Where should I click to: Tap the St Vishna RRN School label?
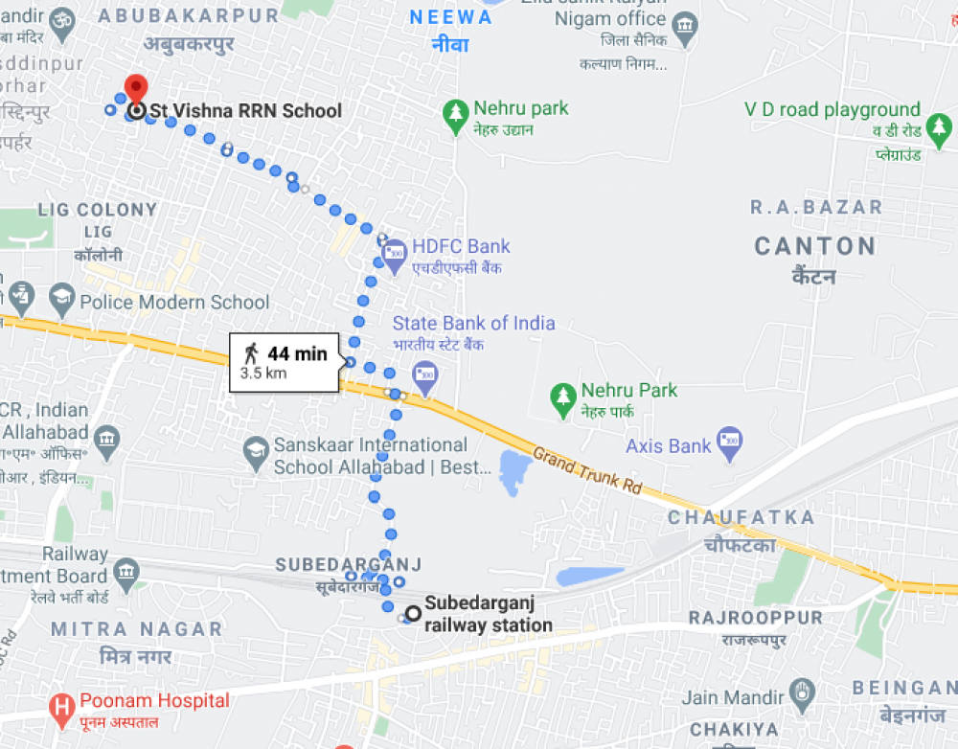click(245, 111)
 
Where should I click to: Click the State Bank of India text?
click(473, 323)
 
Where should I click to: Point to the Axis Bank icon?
click(730, 443)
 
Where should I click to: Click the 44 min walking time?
click(297, 353)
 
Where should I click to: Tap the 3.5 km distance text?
click(263, 374)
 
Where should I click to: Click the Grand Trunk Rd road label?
click(586, 470)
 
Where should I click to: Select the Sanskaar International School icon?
click(256, 454)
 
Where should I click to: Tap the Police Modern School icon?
click(62, 301)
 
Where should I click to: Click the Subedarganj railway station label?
click(488, 614)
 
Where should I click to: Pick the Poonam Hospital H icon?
click(62, 709)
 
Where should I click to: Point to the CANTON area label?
click(815, 246)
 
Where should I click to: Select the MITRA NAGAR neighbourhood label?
click(136, 629)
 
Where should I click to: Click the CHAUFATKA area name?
click(741, 517)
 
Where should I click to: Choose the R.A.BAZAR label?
click(816, 207)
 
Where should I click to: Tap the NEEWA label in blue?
click(449, 18)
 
